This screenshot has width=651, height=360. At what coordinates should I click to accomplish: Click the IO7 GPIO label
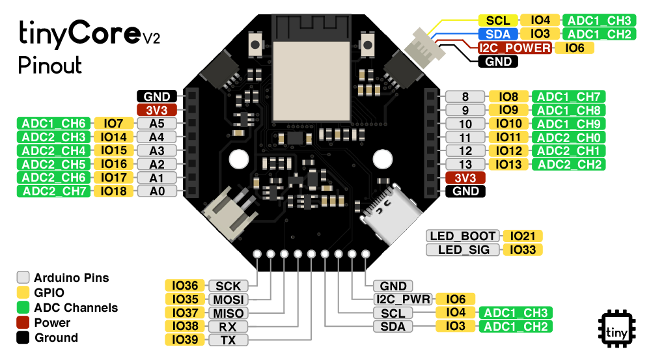[x=114, y=123]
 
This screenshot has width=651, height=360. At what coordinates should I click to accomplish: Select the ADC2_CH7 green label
[x=54, y=191]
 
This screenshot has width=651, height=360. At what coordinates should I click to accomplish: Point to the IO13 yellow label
[x=508, y=165]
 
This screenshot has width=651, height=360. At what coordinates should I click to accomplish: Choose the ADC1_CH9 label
[x=569, y=124]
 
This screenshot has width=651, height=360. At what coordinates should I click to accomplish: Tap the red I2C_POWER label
[x=515, y=48]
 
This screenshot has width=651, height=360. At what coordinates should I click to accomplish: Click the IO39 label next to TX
[x=185, y=340]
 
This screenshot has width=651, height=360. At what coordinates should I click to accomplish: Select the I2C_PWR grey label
[x=404, y=299]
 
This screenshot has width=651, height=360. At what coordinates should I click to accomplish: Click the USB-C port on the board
[x=385, y=205]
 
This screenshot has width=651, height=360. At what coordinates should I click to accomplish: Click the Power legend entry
[x=52, y=323]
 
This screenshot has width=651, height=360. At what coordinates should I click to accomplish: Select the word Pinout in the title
[x=50, y=65]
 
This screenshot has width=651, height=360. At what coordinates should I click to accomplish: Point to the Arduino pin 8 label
[x=465, y=96]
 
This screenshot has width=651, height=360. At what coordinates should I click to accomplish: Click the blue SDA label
[x=498, y=34]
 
